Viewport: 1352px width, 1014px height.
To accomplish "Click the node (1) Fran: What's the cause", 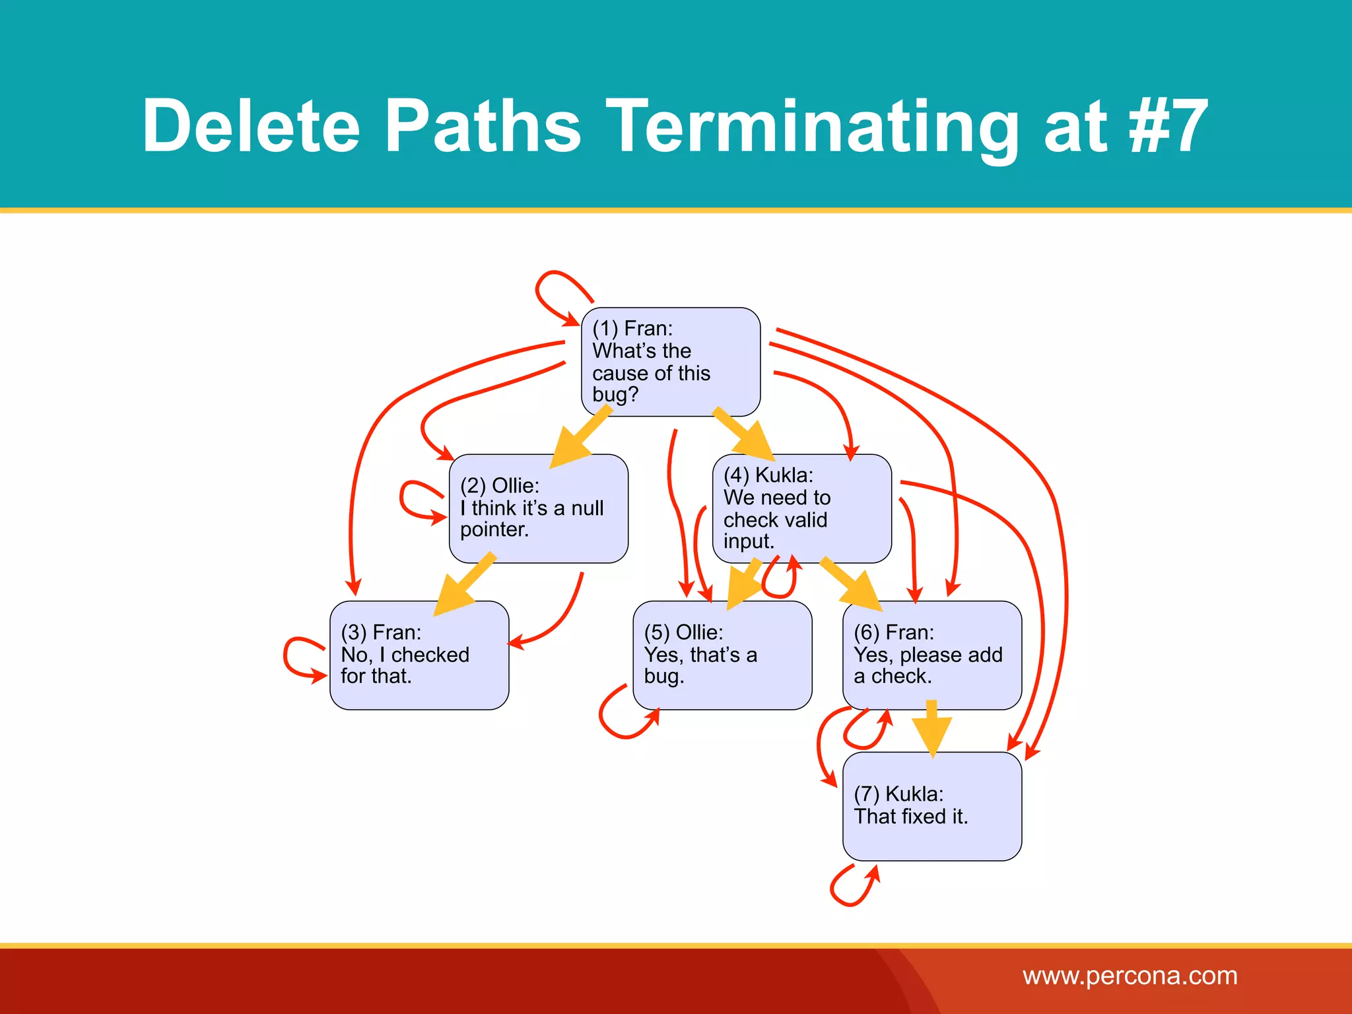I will (670, 361).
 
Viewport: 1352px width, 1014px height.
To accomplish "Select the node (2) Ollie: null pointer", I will (538, 508).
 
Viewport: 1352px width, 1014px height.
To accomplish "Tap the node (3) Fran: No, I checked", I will (419, 654).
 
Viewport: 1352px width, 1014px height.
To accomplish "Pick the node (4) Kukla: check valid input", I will (801, 508).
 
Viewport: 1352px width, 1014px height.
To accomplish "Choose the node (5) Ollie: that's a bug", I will (722, 654).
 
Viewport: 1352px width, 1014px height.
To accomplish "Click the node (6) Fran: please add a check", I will (931, 654).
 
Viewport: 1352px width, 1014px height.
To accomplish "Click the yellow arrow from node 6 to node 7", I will (931, 728).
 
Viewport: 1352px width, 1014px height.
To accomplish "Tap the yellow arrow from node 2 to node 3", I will (465, 584).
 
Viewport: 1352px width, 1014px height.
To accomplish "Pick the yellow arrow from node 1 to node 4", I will (744, 434).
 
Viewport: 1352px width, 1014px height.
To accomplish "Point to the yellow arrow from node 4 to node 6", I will (852, 584).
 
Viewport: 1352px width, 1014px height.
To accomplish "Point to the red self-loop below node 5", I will (617, 716).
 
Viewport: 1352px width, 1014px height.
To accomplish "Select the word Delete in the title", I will (252, 125).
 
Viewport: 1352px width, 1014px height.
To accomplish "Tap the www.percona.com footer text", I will (1130, 976).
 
